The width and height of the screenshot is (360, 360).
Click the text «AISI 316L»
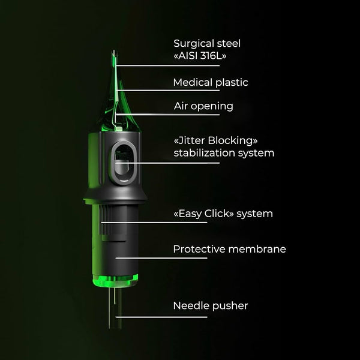coord(200,56)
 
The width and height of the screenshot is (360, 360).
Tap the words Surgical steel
coord(207,43)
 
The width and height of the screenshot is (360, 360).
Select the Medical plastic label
coord(211,82)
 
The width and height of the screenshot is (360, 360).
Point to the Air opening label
coord(203,106)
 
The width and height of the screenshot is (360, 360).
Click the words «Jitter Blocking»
coord(215,140)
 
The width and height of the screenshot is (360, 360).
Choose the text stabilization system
coord(224,153)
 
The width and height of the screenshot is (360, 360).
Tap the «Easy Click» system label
coord(223,214)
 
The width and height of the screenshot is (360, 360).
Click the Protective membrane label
coord(229,249)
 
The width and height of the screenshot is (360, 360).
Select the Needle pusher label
coord(211,305)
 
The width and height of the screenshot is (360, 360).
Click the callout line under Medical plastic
coord(168,90)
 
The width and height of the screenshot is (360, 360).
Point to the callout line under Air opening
coord(168,115)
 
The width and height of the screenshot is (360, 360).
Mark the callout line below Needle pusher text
coord(161,317)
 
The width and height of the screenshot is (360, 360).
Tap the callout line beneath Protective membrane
coord(161,258)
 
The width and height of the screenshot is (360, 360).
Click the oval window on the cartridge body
coord(124,163)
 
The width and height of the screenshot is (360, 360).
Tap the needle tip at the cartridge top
coord(114,52)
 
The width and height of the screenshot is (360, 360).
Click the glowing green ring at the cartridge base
coord(115,281)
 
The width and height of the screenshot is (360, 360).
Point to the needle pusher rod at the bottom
coord(115,308)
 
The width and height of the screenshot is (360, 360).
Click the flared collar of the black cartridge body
coord(115,197)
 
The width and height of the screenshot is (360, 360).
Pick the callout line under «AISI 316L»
coord(167,65)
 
